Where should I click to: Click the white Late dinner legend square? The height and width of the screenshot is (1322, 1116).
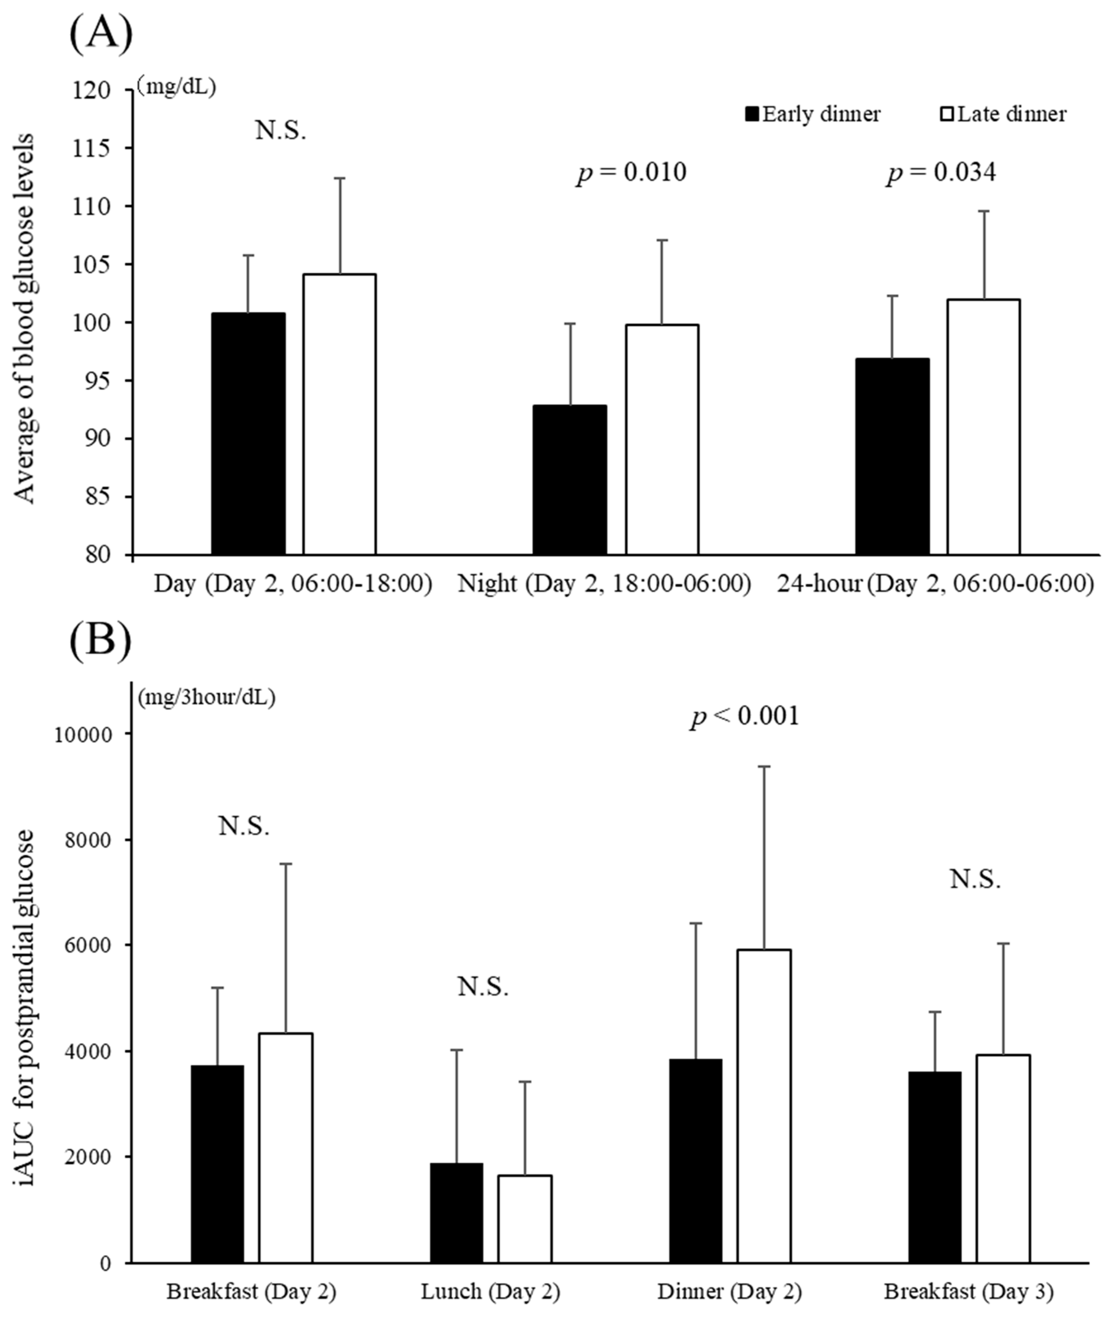[x=947, y=115]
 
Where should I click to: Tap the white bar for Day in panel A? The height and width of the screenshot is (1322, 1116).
[x=339, y=414]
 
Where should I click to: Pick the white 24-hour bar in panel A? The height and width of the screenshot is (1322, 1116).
[x=983, y=427]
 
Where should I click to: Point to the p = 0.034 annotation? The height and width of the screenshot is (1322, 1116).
[x=941, y=173]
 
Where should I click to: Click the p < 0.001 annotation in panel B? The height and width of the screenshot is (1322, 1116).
[x=744, y=716]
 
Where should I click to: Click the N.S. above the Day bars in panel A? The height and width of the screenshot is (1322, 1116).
[x=280, y=131]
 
